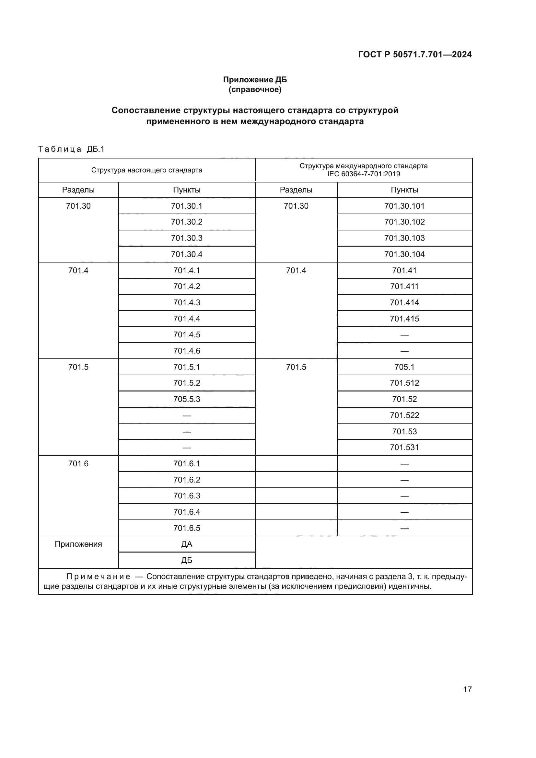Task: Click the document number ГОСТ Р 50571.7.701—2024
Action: coord(414,54)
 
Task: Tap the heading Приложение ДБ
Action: coord(255,80)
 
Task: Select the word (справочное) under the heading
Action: coord(255,89)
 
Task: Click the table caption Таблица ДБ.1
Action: coord(71,149)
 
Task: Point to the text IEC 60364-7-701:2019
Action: coord(363,174)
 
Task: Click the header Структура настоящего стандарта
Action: coord(146,170)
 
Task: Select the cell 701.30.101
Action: coord(404,206)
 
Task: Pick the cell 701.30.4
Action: coord(186,254)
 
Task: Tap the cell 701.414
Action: coord(404,302)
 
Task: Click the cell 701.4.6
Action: coord(186,351)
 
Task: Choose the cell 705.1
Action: coord(404,367)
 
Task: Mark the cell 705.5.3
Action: coord(186,399)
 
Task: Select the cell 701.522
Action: coord(404,415)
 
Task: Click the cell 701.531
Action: coord(404,447)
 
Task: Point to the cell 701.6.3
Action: coord(186,496)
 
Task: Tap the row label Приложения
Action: coord(78,544)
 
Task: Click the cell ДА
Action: coord(186,544)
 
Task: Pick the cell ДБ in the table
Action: coord(186,560)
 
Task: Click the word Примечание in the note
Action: coord(98,577)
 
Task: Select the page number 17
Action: coord(467,689)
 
